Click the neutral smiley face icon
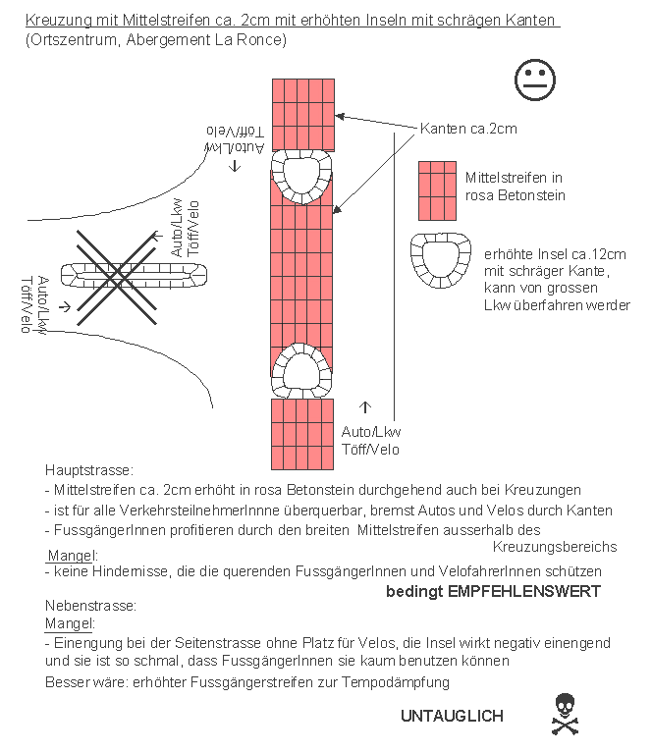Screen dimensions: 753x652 pos(534,79)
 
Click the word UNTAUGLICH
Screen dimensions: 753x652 pos(452,716)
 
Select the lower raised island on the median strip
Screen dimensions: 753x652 pos(302,370)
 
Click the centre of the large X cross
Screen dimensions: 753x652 pos(117,278)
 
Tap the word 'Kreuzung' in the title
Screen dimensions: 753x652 pos(57,20)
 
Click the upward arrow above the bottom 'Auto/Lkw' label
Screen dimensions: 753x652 pos(366,406)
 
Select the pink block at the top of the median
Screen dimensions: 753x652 pos(302,113)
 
